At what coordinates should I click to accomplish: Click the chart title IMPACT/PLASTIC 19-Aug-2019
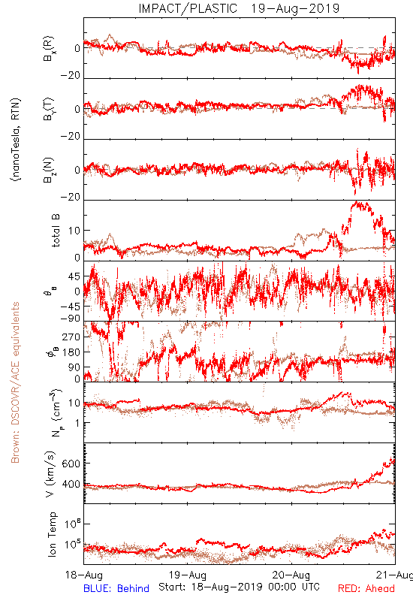click(x=239, y=8)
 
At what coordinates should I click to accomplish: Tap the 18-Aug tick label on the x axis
click(x=84, y=575)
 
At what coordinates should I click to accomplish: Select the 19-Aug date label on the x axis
click(x=187, y=575)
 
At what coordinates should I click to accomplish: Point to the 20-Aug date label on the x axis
click(x=291, y=575)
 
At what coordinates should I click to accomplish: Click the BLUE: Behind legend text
click(x=116, y=588)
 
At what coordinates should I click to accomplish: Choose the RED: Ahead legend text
click(x=366, y=588)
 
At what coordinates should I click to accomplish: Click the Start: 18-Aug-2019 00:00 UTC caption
click(x=239, y=587)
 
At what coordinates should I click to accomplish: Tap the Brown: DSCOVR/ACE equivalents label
click(x=15, y=382)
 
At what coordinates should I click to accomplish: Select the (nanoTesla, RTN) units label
click(x=16, y=140)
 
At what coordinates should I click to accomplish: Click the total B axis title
click(x=56, y=231)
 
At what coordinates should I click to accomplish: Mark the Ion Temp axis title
click(x=52, y=534)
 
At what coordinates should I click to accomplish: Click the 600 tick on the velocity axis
click(x=71, y=464)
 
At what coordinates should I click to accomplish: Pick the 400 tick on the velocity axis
click(x=71, y=485)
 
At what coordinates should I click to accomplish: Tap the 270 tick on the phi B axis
click(x=71, y=337)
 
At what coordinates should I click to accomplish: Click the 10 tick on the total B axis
click(x=74, y=231)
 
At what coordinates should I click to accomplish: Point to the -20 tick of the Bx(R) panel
click(x=71, y=76)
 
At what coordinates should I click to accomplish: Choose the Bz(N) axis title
click(x=49, y=170)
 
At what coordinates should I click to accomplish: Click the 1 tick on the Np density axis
click(x=77, y=423)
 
